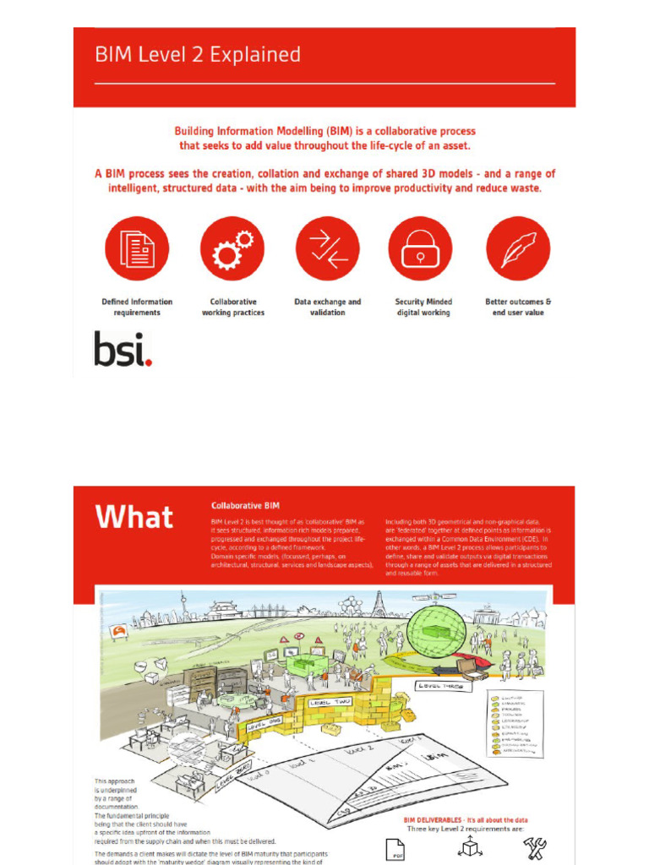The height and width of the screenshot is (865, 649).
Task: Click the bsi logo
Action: [x=123, y=349]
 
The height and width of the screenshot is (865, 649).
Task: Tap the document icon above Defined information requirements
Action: [x=137, y=248]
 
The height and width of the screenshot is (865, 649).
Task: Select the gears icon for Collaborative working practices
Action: [x=232, y=248]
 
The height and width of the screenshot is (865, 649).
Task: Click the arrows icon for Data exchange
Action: [x=328, y=248]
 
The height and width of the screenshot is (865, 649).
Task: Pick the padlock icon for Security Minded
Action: [x=420, y=248]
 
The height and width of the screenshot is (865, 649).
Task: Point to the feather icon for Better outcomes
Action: [x=518, y=248]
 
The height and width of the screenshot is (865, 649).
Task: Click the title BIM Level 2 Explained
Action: [x=197, y=55]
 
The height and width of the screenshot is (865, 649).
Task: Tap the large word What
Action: [x=134, y=516]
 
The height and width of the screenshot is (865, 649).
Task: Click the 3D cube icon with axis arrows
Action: [x=466, y=847]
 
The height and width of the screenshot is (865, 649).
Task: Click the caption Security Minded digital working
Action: [x=423, y=307]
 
